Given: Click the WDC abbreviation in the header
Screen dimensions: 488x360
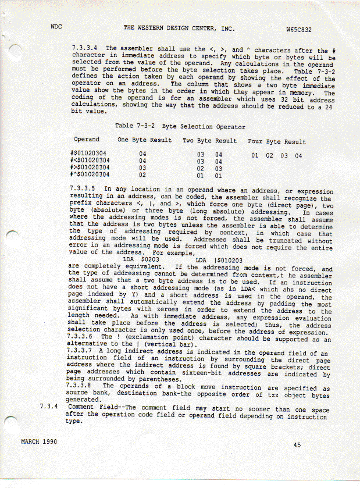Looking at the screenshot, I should (56, 27).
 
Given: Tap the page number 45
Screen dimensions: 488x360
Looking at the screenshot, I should (297, 445).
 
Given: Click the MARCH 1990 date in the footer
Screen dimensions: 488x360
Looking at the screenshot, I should (39, 442).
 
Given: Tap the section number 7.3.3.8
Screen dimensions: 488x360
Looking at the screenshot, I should (82, 386).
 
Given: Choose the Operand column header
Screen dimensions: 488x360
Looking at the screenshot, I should (87, 140).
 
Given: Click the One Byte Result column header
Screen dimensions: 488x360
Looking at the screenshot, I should (144, 140).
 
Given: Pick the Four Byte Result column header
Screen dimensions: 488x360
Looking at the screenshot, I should (276, 141).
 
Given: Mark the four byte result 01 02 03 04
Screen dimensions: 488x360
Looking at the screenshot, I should (276, 156).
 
